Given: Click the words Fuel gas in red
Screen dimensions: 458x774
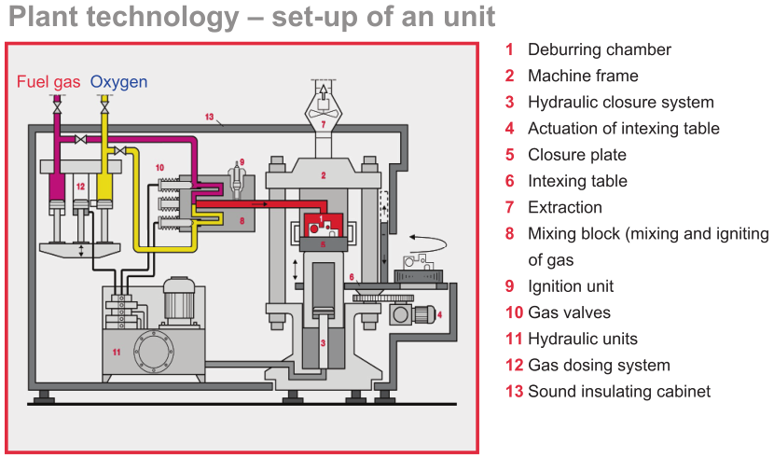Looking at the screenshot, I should [x=49, y=82].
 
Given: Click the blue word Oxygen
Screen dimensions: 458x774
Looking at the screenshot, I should [x=118, y=82].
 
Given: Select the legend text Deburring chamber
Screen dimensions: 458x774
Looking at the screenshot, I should [x=599, y=49].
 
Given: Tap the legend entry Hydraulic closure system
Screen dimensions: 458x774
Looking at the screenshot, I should [x=620, y=102].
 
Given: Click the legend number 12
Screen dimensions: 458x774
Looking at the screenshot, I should [x=514, y=365].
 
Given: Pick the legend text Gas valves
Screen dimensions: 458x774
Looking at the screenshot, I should [x=569, y=312].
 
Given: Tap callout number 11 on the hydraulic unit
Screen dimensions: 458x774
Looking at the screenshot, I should [x=117, y=352].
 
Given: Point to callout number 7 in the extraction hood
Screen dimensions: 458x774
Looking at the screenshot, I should [x=323, y=123].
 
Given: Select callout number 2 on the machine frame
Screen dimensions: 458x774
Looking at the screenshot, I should [x=323, y=174].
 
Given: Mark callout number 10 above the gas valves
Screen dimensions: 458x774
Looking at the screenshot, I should [x=160, y=167].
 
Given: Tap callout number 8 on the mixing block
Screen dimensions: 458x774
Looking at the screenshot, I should [x=241, y=221].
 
